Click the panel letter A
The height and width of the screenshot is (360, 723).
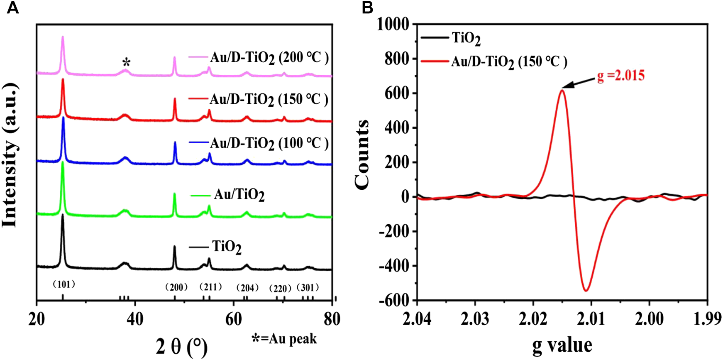[13, 7]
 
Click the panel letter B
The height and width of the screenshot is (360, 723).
[367, 7]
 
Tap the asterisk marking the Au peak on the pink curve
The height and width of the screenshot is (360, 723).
[126, 63]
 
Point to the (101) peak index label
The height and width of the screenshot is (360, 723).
[64, 284]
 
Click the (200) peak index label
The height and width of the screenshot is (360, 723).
[176, 287]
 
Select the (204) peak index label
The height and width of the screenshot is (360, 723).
[247, 288]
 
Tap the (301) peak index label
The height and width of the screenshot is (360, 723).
[308, 288]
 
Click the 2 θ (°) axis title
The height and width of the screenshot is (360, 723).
[181, 346]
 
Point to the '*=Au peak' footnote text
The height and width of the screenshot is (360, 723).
[284, 339]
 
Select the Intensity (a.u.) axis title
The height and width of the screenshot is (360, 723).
[10, 156]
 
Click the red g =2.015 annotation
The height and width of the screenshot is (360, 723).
[620, 76]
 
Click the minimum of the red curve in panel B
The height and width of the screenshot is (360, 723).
[586, 290]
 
